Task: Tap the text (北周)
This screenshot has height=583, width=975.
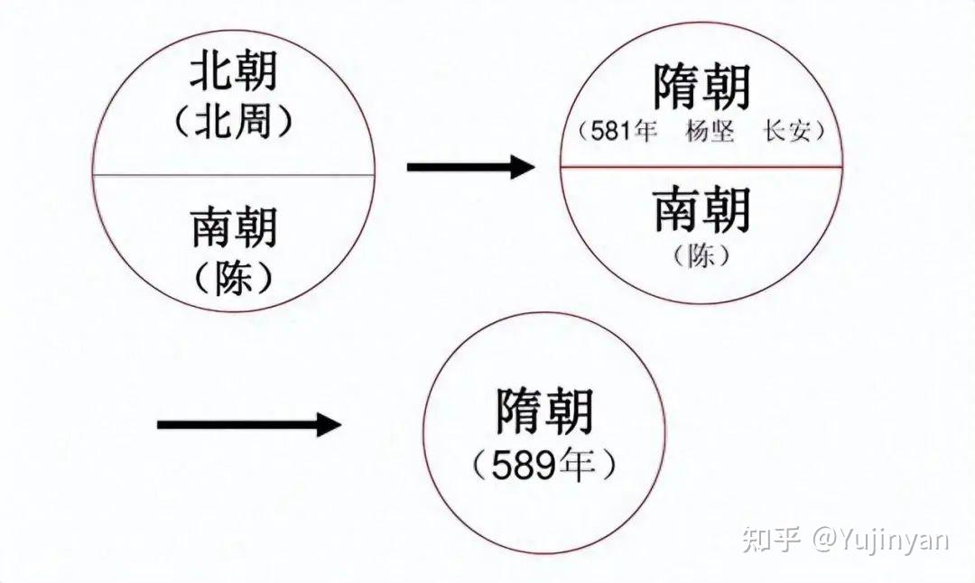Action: tap(233, 124)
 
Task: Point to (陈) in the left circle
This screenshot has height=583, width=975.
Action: tap(234, 281)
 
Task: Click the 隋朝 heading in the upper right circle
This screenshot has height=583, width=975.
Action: tap(701, 88)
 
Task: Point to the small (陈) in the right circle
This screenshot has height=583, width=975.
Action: tap(701, 256)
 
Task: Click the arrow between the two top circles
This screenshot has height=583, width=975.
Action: tap(470, 166)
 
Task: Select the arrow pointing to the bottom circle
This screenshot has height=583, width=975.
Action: tap(249, 424)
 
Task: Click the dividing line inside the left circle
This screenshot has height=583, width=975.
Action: tap(233, 174)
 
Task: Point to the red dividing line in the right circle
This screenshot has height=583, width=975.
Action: tap(701, 167)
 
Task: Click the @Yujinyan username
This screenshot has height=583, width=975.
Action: tap(880, 540)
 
